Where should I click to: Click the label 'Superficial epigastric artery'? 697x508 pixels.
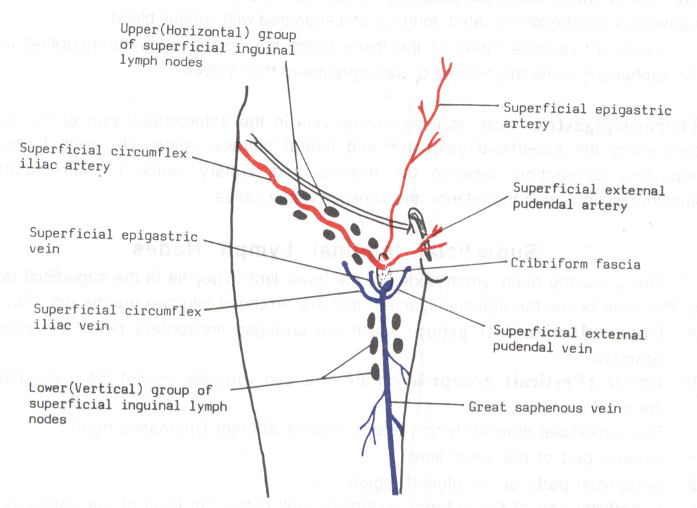coord(587,116)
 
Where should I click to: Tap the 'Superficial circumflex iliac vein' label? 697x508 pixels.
coord(118,318)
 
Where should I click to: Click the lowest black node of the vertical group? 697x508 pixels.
coord(375,371)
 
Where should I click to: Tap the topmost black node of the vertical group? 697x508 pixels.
coord(373,320)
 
